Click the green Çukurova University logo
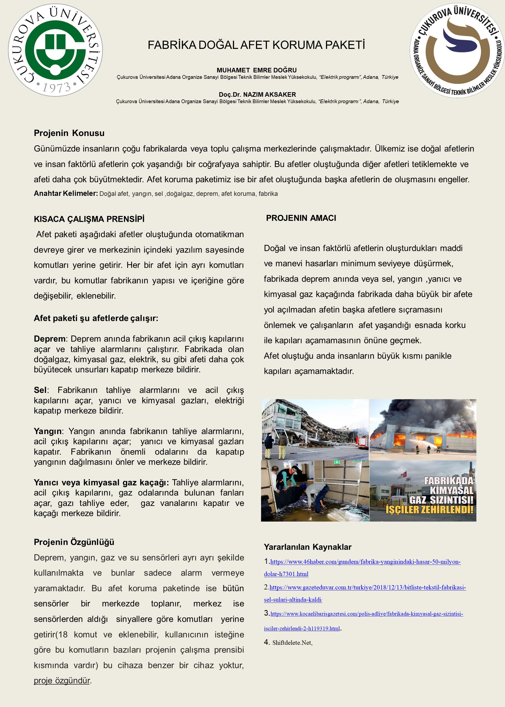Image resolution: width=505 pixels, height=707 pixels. click(55, 50)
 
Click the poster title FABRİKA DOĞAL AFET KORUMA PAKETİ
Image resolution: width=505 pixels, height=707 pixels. click(256, 45)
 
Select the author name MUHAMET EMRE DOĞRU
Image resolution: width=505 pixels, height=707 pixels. click(257, 70)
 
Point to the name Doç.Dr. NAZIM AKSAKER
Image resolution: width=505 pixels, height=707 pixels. click(257, 94)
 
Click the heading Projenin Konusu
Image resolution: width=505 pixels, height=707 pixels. click(69, 133)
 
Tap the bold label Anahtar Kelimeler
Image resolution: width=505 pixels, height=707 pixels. click(66, 193)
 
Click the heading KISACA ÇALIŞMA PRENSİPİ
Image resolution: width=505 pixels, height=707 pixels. click(89, 219)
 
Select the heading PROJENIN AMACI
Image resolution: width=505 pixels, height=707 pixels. click(301, 218)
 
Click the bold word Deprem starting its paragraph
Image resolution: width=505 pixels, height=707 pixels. click(50, 339)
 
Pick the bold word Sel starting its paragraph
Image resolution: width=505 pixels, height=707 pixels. click(40, 390)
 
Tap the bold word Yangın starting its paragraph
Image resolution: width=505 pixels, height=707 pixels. click(48, 431)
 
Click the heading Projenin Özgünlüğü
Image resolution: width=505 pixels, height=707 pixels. click(74, 542)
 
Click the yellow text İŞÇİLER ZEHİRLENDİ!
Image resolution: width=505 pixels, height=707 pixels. click(429, 510)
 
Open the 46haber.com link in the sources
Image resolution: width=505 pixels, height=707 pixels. click(365, 562)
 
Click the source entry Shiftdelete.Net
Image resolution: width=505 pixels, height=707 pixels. click(292, 643)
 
